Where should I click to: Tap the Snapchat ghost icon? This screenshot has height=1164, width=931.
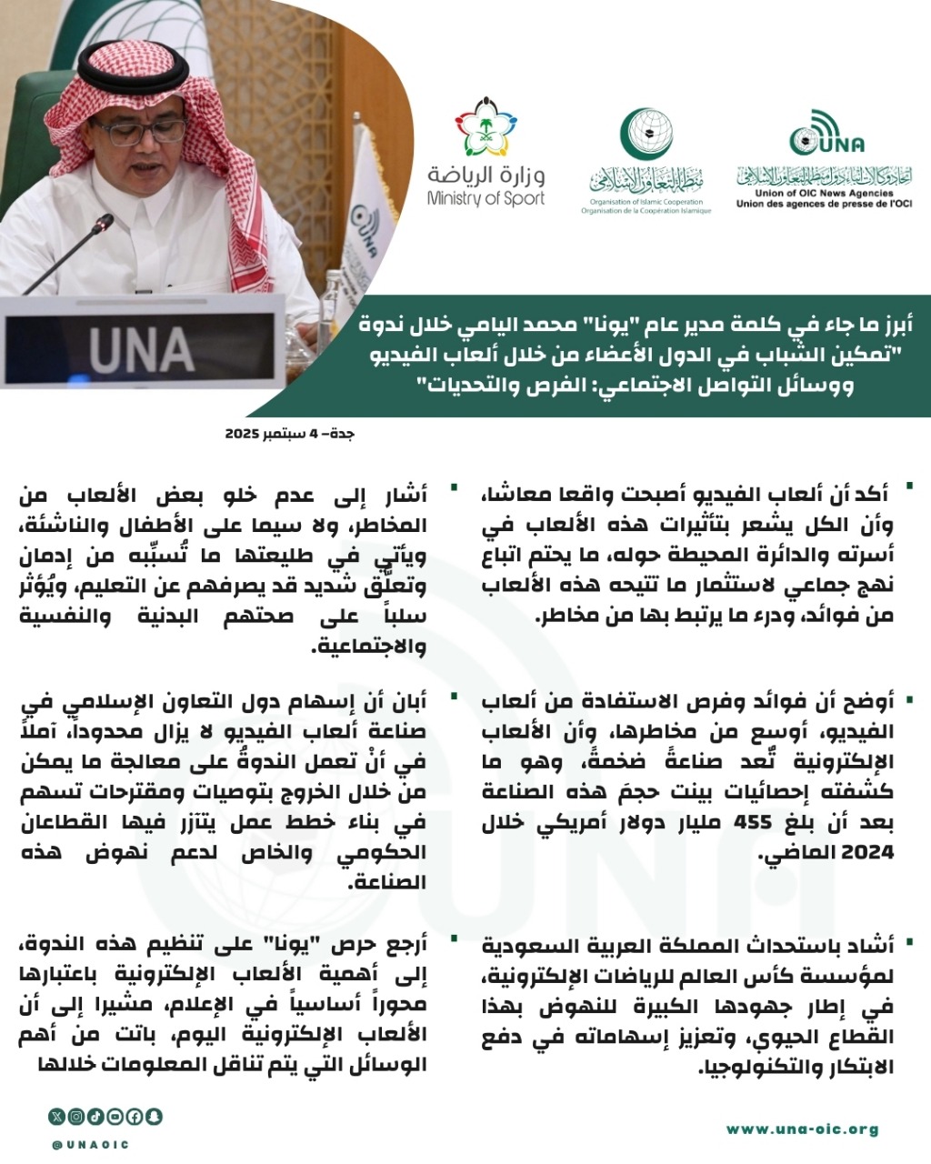click(155, 1116)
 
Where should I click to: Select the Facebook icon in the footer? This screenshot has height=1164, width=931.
click(135, 1116)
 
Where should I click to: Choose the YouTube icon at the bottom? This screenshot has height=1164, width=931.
click(115, 1116)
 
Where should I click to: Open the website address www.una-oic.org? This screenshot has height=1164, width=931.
click(802, 1129)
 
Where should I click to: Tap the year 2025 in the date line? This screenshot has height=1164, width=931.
click(244, 434)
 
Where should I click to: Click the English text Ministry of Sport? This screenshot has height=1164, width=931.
click(486, 198)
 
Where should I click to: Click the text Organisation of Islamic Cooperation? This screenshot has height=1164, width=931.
click(646, 202)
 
